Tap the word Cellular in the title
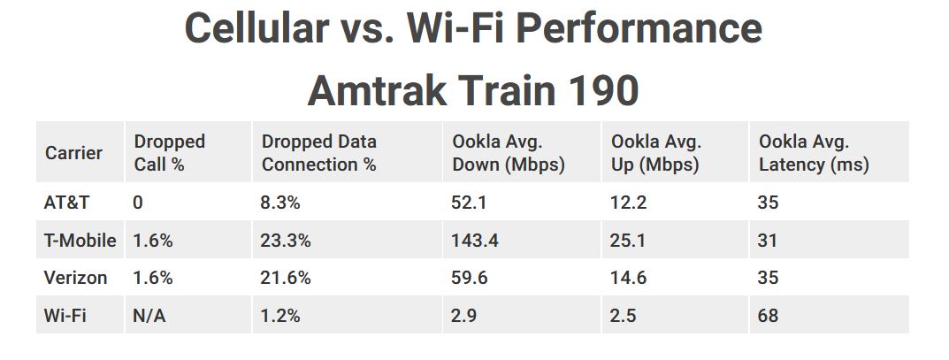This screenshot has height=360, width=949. (256, 27)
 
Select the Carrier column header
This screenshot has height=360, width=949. (73, 152)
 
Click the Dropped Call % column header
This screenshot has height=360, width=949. (170, 152)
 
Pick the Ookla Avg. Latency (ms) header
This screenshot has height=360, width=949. (814, 152)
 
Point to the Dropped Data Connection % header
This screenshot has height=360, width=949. (319, 152)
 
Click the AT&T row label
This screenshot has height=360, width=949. (66, 202)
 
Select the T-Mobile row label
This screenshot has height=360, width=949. (80, 241)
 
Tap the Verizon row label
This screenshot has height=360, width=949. (76, 278)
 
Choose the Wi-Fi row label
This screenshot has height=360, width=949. (65, 315)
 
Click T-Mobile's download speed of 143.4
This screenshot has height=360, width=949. (475, 241)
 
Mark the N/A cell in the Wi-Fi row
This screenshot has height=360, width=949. (149, 315)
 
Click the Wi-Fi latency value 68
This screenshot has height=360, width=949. (768, 315)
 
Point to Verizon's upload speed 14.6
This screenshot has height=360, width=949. (629, 278)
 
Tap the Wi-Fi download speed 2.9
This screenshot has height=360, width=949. (464, 315)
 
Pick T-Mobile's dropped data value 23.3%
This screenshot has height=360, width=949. (286, 241)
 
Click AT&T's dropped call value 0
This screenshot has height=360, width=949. (138, 202)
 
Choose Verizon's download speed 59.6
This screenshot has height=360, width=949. (470, 278)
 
